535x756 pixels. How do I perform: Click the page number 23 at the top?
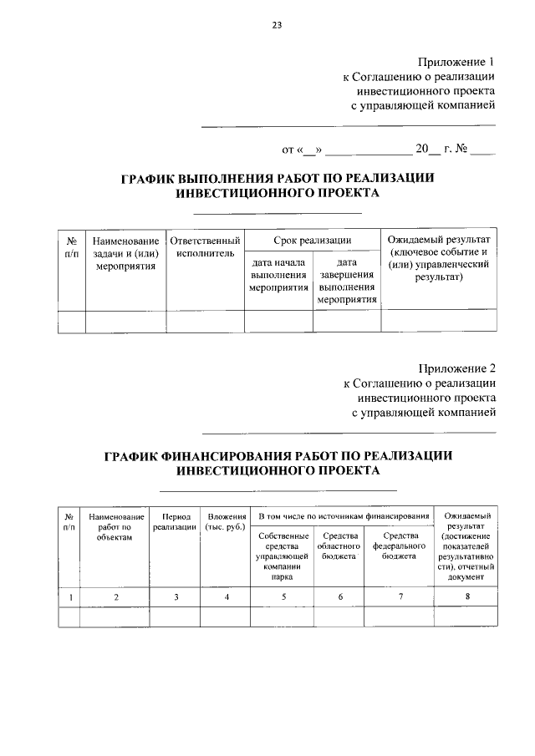(277, 25)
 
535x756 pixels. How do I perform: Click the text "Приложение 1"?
(456, 63)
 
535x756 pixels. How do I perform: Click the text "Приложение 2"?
(456, 368)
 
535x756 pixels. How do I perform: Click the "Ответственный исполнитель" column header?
(206, 246)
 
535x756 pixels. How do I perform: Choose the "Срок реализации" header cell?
(312, 240)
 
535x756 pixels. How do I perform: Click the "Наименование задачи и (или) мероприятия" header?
(125, 254)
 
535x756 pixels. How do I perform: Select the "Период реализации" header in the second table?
(176, 522)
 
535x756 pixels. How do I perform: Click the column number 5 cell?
(284, 596)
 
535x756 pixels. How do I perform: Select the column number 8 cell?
(467, 596)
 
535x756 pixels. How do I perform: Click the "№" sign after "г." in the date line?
(461, 150)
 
